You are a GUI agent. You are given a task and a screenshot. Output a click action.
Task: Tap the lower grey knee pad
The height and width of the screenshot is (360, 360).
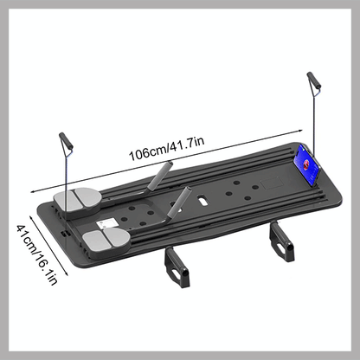pos(106,240)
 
